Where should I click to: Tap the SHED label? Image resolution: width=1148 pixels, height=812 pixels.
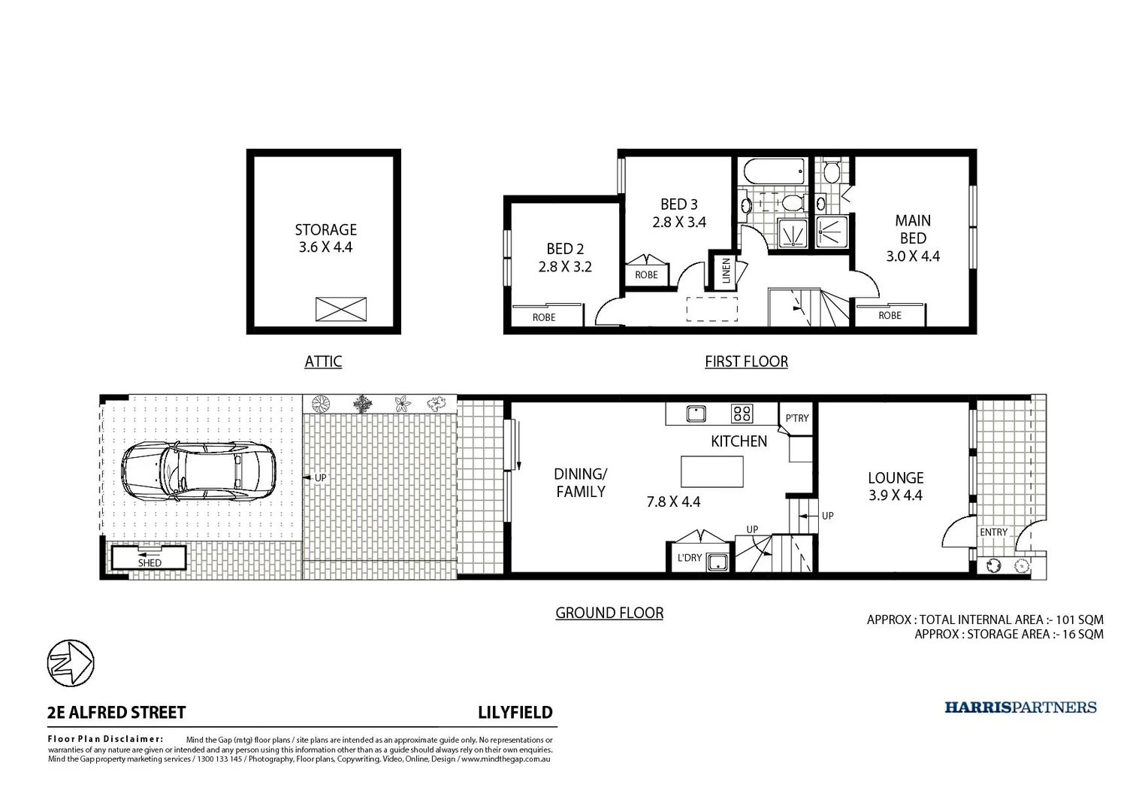pyautogui.click(x=150, y=562)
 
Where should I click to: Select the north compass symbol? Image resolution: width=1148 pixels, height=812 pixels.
pyautogui.click(x=71, y=662)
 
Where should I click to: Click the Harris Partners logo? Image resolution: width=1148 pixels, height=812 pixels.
pyautogui.click(x=1020, y=707)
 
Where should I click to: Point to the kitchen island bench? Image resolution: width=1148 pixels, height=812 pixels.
pyautogui.click(x=711, y=472)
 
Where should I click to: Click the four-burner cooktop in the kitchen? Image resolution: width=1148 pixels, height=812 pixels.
pyautogui.click(x=742, y=413)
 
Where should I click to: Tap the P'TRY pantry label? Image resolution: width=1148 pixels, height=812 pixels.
pyautogui.click(x=796, y=418)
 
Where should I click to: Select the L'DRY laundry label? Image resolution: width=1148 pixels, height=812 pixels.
pyautogui.click(x=689, y=558)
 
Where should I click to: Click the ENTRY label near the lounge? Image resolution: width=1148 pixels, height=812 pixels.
pyautogui.click(x=993, y=532)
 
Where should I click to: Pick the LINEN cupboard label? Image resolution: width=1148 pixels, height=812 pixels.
pyautogui.click(x=726, y=270)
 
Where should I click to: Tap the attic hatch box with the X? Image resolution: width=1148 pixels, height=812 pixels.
pyautogui.click(x=340, y=309)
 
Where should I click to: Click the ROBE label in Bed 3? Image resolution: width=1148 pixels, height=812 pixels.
pyautogui.click(x=646, y=275)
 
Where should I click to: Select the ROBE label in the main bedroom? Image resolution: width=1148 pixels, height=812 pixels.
pyautogui.click(x=890, y=316)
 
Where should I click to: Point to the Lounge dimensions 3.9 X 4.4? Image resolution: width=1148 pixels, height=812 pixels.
pyautogui.click(x=895, y=495)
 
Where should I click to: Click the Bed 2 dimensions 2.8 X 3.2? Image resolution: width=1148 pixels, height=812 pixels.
pyautogui.click(x=565, y=266)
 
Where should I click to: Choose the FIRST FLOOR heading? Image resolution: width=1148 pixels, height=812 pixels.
pyautogui.click(x=746, y=362)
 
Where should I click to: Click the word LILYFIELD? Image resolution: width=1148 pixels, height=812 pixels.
pyautogui.click(x=515, y=713)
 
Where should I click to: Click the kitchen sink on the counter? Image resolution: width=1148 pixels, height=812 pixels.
pyautogui.click(x=696, y=413)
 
